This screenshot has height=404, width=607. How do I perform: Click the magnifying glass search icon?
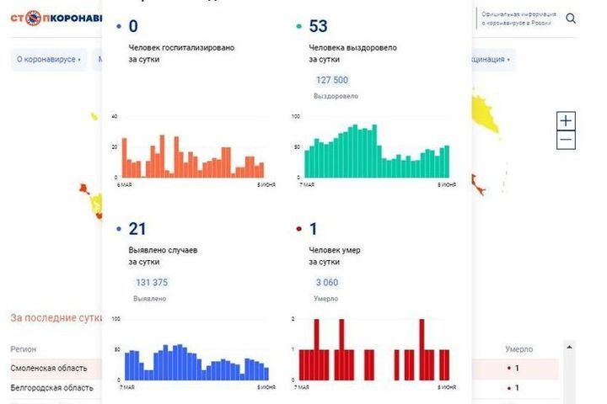(572, 18)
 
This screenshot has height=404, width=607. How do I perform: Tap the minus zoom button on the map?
(567, 141)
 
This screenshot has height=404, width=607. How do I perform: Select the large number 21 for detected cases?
(137, 230)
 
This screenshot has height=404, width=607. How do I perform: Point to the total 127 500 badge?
(331, 80)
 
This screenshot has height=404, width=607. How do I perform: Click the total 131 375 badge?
(152, 282)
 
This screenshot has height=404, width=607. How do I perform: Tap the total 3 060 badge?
(326, 282)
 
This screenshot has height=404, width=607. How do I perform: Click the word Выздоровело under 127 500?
(336, 96)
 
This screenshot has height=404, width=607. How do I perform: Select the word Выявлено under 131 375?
(149, 298)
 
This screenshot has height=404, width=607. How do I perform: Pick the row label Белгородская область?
(51, 388)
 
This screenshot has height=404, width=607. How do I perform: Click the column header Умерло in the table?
(518, 348)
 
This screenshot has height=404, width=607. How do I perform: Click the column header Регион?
(23, 348)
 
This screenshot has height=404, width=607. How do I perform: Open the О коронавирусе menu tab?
(49, 60)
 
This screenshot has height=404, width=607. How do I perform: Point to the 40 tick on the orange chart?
(115, 116)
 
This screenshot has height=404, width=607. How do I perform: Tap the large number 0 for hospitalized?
(133, 27)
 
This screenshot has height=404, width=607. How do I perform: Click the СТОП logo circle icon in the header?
(34, 18)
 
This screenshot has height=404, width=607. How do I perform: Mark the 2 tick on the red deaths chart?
(293, 319)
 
